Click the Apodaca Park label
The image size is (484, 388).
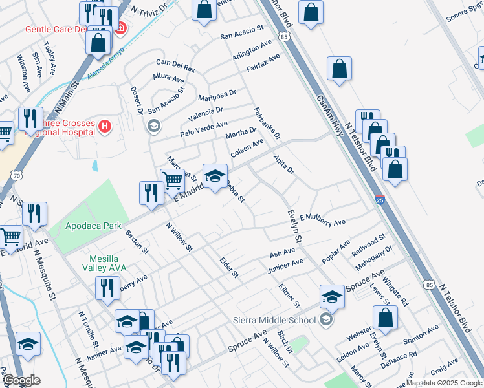pyautogui.click(x=94, y=226)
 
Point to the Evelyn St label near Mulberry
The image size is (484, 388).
pyautogui.click(x=294, y=226)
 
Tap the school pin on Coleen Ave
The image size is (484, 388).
pyautogui.click(x=215, y=174)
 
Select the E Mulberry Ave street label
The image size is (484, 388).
pyautogui.click(x=322, y=219)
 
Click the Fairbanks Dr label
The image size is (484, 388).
pyautogui.click(x=267, y=123)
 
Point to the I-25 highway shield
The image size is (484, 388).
pyautogui.click(x=380, y=200)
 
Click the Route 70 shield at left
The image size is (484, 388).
pyautogui.click(x=17, y=175)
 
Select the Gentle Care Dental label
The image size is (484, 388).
pyautogui.click(x=55, y=29)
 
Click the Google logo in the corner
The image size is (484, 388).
pyautogui.click(x=21, y=380)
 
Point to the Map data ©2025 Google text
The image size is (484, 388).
pyautogui.click(x=444, y=383)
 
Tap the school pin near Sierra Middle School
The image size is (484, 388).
pyautogui.click(x=332, y=297)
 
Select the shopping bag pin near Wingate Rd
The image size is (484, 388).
pyautogui.click(x=386, y=319)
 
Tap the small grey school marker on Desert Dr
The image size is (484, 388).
pyautogui.click(x=154, y=125)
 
